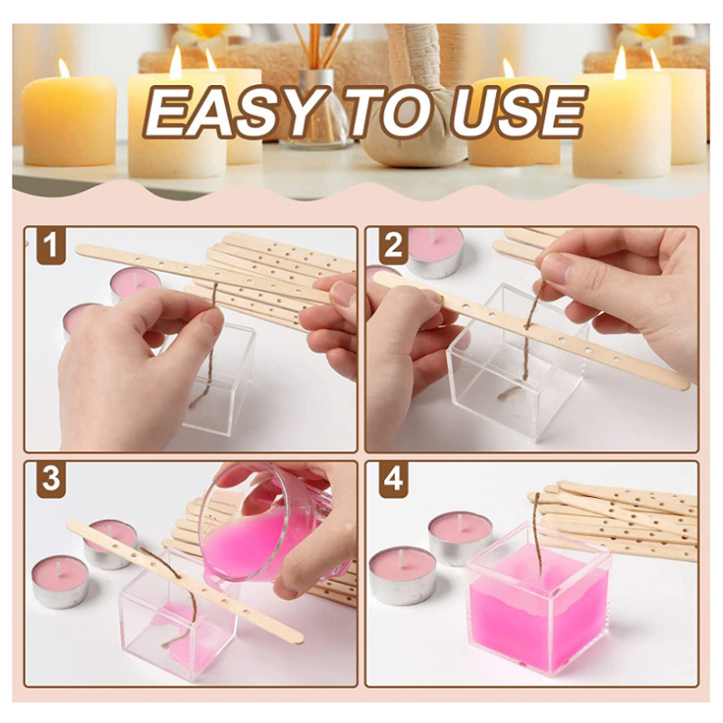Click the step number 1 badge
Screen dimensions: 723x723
51,246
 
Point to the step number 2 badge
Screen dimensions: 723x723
392,246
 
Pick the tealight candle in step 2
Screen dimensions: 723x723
435,251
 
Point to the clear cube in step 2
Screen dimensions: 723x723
506,371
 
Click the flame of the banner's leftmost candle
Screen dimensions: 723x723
64,68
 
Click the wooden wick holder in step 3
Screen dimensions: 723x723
185,583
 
